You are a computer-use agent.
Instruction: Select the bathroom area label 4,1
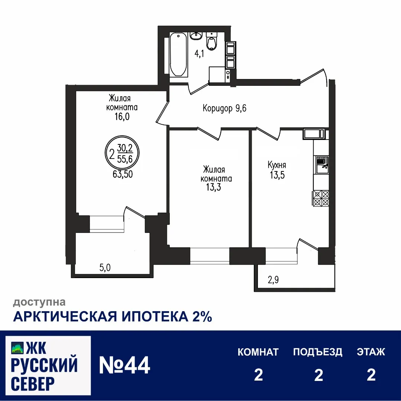(x=200, y=53)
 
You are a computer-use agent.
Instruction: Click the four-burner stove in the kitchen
(x=321, y=198)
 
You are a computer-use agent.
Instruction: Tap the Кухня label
(x=277, y=165)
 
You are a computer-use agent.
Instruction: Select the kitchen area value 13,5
(x=277, y=175)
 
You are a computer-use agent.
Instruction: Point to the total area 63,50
(x=123, y=174)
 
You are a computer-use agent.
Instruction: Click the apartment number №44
(x=124, y=365)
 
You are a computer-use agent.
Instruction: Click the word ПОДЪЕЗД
(x=317, y=352)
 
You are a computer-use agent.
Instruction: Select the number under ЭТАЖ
(x=371, y=375)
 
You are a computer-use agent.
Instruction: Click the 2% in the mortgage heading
(x=202, y=317)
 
